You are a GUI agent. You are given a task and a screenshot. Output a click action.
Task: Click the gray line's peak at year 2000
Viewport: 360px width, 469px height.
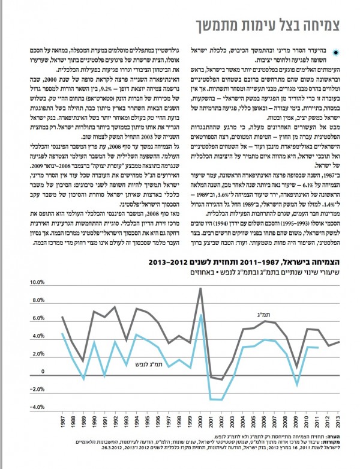pos(200,289)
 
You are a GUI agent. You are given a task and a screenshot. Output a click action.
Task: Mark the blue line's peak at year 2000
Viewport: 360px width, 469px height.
pos(200,315)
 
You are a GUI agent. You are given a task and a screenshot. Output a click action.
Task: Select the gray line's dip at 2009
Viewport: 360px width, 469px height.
pos(295,366)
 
